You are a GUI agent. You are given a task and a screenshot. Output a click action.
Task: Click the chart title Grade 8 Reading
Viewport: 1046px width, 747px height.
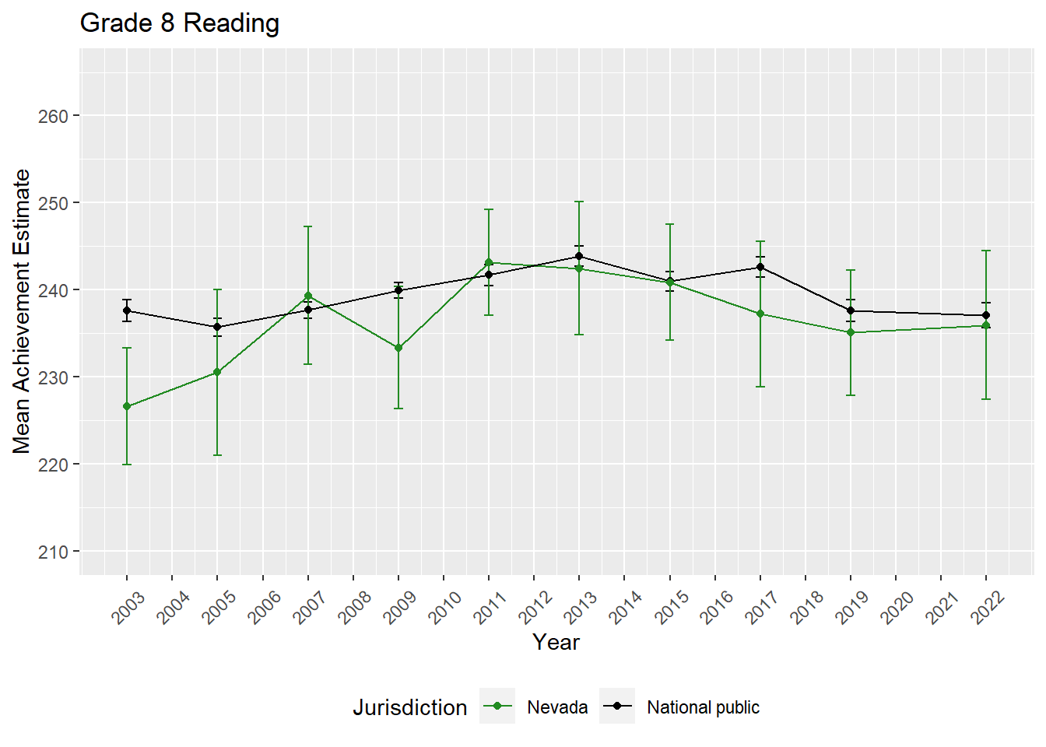180,23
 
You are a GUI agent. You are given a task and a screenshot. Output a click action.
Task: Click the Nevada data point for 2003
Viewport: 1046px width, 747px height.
127,406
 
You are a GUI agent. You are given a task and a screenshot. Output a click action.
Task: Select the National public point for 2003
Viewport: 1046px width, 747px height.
127,310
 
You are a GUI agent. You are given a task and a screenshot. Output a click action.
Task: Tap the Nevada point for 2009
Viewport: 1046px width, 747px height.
398,348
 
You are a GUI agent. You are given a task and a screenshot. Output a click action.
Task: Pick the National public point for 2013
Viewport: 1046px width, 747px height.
579,256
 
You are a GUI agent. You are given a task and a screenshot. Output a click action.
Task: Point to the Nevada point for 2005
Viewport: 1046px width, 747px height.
217,372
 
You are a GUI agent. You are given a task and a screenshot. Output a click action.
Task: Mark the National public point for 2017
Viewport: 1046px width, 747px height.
760,267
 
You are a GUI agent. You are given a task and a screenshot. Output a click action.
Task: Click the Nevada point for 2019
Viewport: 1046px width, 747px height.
851,332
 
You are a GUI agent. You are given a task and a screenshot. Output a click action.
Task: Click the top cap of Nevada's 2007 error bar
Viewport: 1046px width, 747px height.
308,226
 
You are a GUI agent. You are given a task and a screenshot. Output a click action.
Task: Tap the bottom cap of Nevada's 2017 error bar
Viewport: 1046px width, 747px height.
760,387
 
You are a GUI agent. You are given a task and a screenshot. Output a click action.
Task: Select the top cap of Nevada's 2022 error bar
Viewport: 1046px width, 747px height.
986,251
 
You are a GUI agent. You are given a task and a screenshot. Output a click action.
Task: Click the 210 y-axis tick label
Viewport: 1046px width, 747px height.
53,552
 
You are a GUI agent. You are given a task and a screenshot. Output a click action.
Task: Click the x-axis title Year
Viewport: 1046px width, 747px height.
556,642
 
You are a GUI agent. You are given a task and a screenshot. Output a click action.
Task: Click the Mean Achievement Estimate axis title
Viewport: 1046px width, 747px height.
22,311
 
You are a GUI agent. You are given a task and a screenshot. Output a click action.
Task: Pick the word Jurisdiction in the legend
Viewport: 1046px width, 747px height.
409,707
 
